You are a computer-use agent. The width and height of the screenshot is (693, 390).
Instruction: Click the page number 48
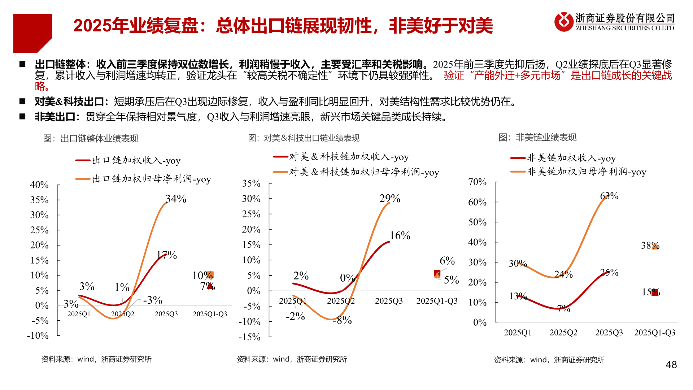coord(671,365)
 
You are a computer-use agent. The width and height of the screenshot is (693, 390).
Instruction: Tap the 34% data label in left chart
coord(176,199)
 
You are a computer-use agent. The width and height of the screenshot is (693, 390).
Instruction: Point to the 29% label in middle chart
coord(389,198)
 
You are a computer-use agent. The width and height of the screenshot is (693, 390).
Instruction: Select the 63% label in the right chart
coord(609,196)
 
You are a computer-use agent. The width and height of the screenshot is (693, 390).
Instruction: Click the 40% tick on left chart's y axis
coord(39,185)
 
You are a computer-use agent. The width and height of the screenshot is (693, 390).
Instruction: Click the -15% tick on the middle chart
coord(249,337)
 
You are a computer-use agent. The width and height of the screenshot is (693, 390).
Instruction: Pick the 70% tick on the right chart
coord(477,182)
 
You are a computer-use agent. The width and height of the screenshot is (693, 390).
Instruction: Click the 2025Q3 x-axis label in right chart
coord(609,333)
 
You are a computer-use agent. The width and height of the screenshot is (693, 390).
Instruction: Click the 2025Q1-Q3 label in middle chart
coord(437,301)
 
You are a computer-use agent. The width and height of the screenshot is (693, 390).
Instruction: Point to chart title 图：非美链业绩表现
coord(537,138)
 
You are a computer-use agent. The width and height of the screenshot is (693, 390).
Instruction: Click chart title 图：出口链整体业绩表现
coord(91,139)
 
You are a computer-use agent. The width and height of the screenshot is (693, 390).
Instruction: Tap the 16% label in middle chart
coord(400,235)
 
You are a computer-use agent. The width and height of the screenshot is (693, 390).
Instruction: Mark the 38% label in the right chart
coord(650,246)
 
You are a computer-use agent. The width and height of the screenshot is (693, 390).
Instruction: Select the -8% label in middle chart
coord(342,320)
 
